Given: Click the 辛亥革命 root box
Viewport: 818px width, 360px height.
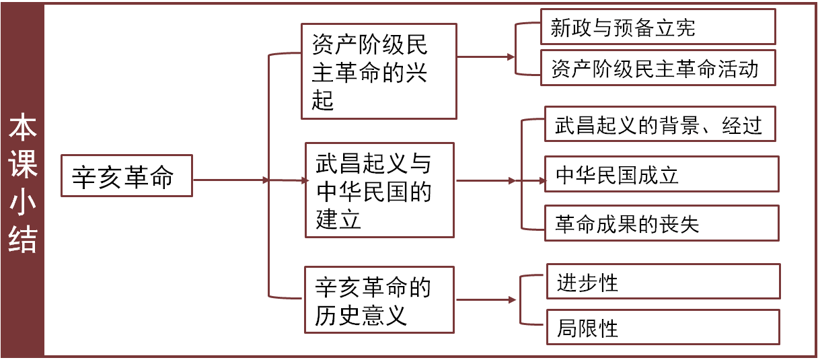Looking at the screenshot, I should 126,176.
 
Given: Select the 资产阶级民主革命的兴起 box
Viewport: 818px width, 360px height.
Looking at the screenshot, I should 379,72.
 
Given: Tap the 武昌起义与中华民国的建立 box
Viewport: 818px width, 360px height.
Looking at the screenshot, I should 379,190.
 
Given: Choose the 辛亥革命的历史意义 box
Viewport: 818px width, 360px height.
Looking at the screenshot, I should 379,300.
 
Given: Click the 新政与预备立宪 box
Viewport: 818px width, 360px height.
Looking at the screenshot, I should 658,28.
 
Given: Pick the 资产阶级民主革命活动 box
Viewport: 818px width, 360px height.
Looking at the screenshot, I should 658,68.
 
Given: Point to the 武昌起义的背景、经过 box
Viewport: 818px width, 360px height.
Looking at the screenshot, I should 659,124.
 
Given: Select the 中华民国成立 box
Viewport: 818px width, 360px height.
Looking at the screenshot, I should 661,174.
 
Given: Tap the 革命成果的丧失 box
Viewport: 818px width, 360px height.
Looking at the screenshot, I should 661,223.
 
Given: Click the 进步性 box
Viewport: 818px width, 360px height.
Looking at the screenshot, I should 663,281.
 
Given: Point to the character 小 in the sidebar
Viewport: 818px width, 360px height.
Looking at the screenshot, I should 23,203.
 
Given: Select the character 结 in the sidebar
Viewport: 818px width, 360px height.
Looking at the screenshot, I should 23,239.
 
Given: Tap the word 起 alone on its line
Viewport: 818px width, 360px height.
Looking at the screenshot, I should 324,100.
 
